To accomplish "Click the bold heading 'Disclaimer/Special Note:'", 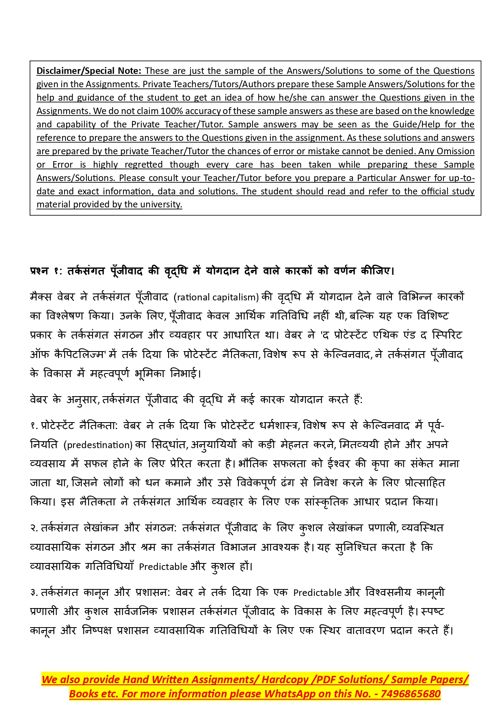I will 89,71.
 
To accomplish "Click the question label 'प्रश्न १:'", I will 45,271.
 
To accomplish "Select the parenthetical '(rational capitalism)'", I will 216,297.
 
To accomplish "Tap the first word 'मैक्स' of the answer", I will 41,297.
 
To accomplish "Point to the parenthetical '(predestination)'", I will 98,445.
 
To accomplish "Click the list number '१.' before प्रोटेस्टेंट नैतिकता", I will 34,426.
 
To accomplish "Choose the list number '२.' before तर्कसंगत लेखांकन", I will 34,528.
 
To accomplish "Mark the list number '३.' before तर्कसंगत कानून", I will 34,593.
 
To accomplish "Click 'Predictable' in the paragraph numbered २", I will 163,567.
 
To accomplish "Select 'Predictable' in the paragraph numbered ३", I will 317,593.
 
